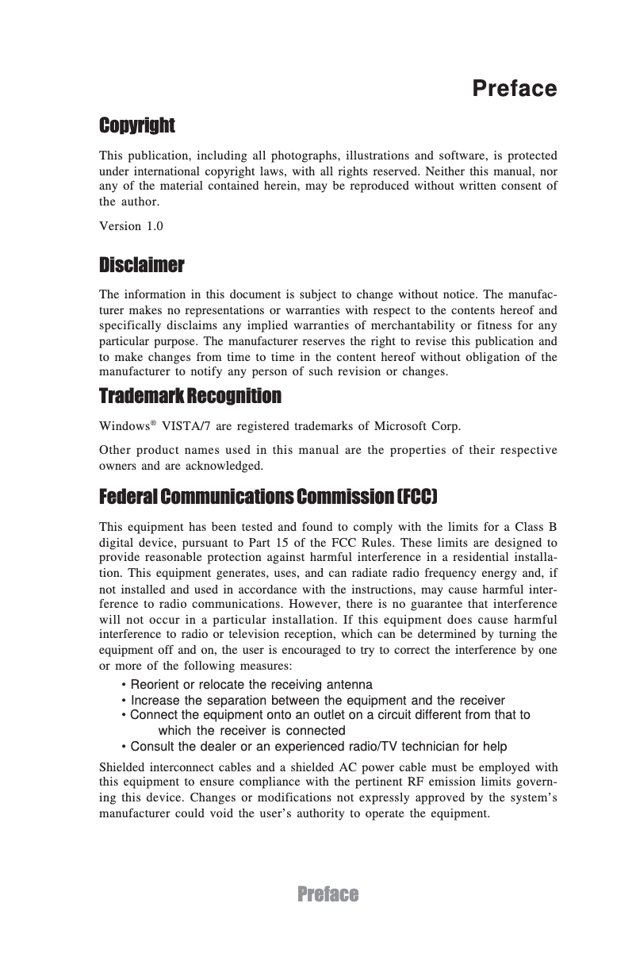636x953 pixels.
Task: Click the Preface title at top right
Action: (x=514, y=88)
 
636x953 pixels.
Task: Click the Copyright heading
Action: (x=136, y=125)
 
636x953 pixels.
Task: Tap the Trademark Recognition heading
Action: (x=190, y=395)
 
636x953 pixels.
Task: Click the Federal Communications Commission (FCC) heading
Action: (x=268, y=497)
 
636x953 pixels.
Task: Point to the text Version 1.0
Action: (x=131, y=226)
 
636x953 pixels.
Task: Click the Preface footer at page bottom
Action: (x=328, y=895)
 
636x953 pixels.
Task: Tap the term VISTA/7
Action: (x=184, y=426)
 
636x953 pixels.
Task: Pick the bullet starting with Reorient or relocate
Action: (x=247, y=685)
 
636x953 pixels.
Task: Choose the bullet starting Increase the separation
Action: (x=313, y=701)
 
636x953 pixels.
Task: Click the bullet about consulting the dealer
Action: (x=314, y=747)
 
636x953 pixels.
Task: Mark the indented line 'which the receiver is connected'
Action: (x=252, y=731)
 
